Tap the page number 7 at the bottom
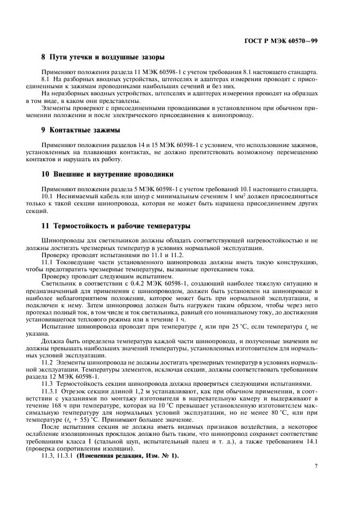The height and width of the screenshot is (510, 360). (x=316, y=466)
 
